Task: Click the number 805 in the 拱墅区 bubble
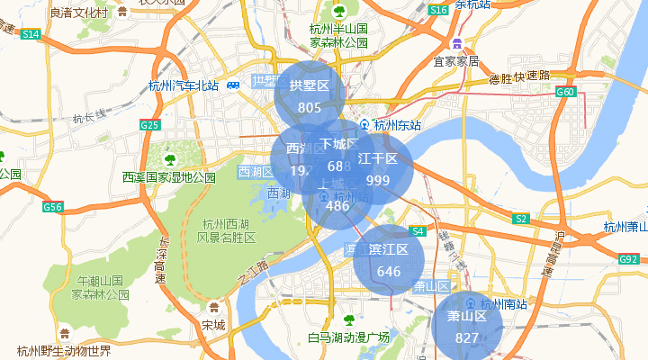(x=310, y=108)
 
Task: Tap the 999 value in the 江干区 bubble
(x=378, y=181)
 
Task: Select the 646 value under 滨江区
(x=389, y=272)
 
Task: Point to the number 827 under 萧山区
(x=467, y=338)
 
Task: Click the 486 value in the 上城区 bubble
(x=337, y=206)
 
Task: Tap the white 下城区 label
(x=339, y=145)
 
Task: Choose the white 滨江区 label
(x=389, y=249)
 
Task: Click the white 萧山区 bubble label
(x=467, y=317)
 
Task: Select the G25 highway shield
(x=150, y=125)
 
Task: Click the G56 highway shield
(x=53, y=208)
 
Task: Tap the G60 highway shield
(x=565, y=92)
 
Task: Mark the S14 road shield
(x=31, y=34)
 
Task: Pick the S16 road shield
(x=438, y=10)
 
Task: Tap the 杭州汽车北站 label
(x=184, y=86)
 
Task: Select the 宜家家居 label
(x=456, y=62)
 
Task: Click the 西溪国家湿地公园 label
(x=170, y=177)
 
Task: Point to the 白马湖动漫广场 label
(x=348, y=337)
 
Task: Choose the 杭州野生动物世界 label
(x=64, y=351)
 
